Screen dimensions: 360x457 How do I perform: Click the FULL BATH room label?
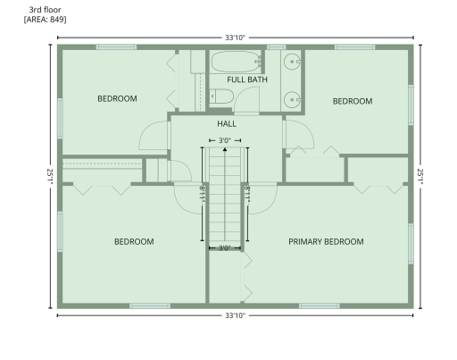pyautogui.click(x=247, y=80)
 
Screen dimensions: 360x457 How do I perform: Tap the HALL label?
pyautogui.click(x=227, y=123)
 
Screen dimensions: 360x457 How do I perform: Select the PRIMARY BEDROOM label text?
pyautogui.click(x=326, y=241)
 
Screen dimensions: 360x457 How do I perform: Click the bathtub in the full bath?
pyautogui.click(x=235, y=62)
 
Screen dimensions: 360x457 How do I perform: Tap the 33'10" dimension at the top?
pyautogui.click(x=235, y=38)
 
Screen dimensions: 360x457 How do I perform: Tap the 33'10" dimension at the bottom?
pyautogui.click(x=235, y=315)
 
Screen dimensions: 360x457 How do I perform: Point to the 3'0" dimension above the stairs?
pyautogui.click(x=225, y=140)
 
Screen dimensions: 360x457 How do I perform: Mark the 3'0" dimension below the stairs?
pyautogui.click(x=225, y=247)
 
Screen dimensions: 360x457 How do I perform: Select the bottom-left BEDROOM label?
pyautogui.click(x=134, y=241)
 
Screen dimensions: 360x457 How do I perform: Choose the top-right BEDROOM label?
pyautogui.click(x=352, y=101)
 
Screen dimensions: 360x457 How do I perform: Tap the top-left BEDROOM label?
pyautogui.click(x=117, y=98)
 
